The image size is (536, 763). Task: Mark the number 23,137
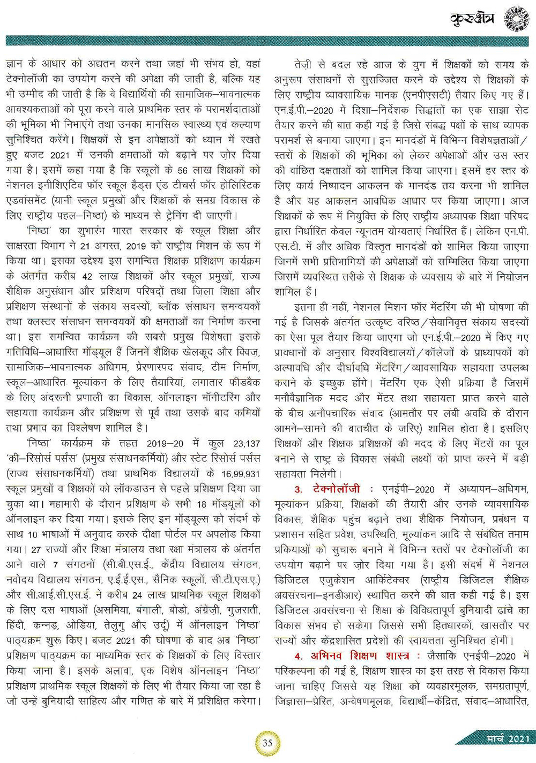point(245,444)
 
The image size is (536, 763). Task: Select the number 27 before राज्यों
point(36,549)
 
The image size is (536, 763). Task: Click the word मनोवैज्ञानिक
point(304,398)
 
